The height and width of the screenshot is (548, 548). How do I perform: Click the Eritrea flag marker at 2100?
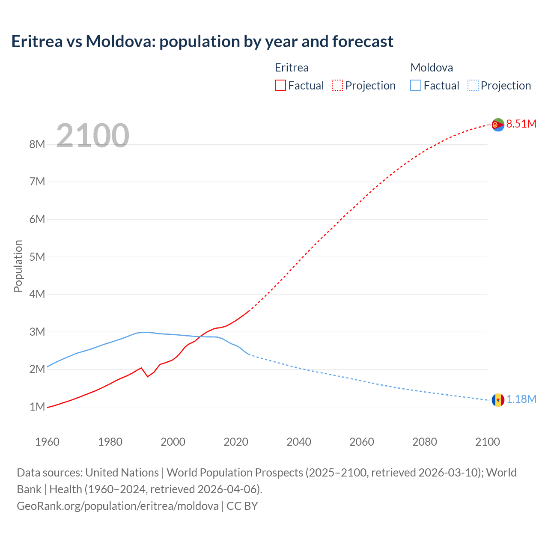(x=498, y=125)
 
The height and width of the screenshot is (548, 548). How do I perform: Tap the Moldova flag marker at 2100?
(x=498, y=400)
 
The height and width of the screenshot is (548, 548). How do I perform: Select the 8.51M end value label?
(x=521, y=124)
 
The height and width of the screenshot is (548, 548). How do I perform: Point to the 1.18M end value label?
(x=521, y=399)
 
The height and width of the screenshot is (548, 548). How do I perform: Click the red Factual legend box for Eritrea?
(x=280, y=85)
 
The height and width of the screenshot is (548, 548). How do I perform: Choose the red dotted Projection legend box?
(x=337, y=85)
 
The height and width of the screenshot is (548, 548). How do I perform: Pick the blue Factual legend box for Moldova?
(x=415, y=85)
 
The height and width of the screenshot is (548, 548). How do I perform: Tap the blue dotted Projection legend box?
(x=473, y=85)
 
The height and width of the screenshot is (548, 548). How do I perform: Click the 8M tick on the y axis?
(x=37, y=144)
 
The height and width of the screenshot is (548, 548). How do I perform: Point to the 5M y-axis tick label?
(x=37, y=257)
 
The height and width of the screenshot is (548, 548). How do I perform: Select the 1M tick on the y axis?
(x=37, y=407)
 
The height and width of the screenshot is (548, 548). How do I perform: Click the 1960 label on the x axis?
(x=47, y=442)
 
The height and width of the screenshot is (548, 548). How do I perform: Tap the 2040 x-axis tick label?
(x=299, y=442)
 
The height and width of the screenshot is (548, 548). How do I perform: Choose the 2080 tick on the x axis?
(x=425, y=442)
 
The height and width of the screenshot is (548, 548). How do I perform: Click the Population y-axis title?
(x=18, y=266)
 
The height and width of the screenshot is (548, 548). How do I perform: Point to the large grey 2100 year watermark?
(x=92, y=136)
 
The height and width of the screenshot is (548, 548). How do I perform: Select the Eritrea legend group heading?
(x=292, y=68)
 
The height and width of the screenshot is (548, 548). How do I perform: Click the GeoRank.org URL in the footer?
(x=118, y=506)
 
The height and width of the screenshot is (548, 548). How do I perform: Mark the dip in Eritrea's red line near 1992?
(x=147, y=376)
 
